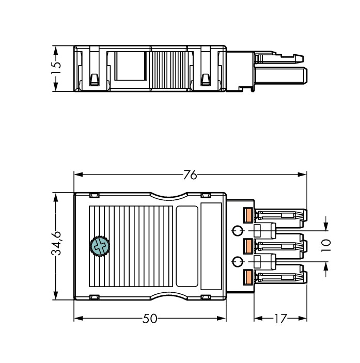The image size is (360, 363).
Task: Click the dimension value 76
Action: pos(190,175)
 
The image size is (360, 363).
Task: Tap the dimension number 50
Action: pos(150,319)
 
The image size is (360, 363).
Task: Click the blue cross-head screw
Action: pos(100,246)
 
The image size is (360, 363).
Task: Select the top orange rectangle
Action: pos(248,214)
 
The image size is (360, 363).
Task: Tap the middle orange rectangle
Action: pos(248,246)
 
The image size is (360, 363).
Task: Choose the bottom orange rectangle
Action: pos(248,277)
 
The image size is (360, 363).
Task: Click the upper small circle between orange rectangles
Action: pos(238,230)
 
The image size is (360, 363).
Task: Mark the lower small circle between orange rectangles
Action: pos(238,262)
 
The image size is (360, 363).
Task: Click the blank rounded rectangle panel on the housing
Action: pos(187,246)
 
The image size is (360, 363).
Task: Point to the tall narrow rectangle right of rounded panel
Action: pos(211,246)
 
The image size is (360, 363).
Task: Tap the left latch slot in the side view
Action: pos(95,79)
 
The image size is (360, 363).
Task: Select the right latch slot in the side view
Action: pos(205,79)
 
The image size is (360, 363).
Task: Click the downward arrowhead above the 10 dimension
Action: pos(325,227)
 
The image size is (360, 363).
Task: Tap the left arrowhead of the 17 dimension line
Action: pos(257,319)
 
